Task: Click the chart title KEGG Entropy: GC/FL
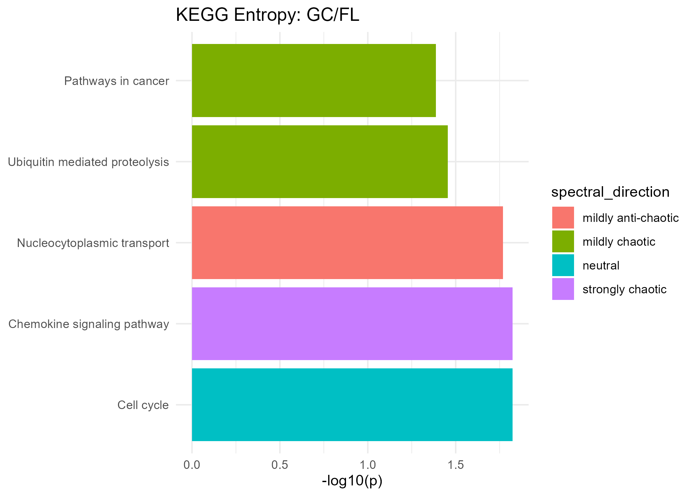click(x=267, y=15)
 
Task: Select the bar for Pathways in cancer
click(x=314, y=80)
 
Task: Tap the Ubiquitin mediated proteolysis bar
click(x=320, y=162)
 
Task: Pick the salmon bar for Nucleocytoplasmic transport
click(x=347, y=243)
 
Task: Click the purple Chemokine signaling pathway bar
click(x=352, y=324)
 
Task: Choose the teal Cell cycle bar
click(x=352, y=405)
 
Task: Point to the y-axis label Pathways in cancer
click(x=117, y=81)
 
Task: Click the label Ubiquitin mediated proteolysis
click(x=88, y=162)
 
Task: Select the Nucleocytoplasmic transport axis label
click(x=93, y=243)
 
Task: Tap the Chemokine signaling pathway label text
click(x=89, y=324)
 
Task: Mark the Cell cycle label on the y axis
click(x=143, y=405)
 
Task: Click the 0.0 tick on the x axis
click(x=192, y=465)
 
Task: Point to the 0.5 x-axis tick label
click(x=280, y=465)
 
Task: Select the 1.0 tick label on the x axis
click(x=367, y=465)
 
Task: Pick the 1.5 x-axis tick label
click(x=455, y=465)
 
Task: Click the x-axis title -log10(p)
click(x=352, y=481)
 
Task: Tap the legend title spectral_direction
click(x=610, y=192)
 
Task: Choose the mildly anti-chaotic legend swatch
click(x=563, y=218)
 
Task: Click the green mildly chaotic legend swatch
click(x=563, y=241)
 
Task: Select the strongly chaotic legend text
click(x=624, y=289)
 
